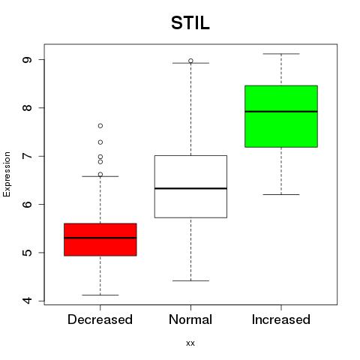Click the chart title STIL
(190, 23)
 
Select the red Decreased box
(100, 239)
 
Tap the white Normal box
(190, 187)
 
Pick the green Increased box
(281, 116)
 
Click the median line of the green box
(281, 112)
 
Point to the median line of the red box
(100, 238)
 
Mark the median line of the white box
(190, 188)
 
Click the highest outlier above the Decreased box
(100, 126)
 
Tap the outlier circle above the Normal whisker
(190, 61)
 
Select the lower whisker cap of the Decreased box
(100, 295)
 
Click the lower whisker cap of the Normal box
(190, 280)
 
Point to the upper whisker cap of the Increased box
(281, 54)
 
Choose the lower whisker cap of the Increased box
(281, 194)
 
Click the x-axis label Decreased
(100, 319)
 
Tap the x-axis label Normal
(190, 319)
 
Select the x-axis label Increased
(281, 319)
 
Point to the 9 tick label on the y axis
(27, 60)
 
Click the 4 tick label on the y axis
(27, 301)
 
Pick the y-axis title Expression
(7, 174)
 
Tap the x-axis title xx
(190, 343)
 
